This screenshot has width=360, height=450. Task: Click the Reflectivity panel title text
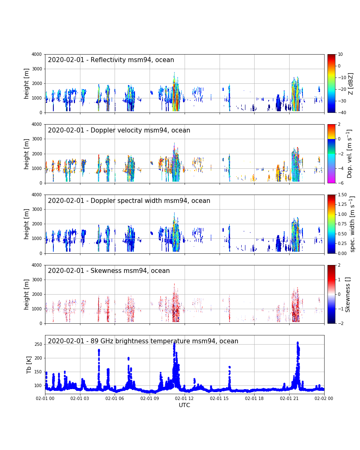pos(111,60)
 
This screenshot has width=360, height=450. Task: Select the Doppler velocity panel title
pos(119,130)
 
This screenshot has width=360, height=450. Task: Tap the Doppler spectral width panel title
pos(129,201)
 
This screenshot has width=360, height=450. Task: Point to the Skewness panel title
pos(109,271)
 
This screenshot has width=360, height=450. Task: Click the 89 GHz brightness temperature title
pos(143,341)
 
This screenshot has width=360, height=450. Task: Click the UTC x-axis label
pos(185,405)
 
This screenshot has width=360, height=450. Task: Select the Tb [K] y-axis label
pos(30,365)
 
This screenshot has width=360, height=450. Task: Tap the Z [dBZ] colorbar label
pos(351,83)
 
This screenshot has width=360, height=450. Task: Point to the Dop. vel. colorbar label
pos(350,153)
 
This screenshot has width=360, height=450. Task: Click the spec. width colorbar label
pos(352,224)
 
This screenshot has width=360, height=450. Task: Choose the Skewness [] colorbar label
pos(348,294)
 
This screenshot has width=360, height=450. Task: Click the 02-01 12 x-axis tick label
pos(185,398)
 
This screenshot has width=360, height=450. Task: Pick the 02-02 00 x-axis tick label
pos(324,398)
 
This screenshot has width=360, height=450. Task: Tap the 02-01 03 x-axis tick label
pos(80,398)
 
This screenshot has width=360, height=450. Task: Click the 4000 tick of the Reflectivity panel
pos(37,54)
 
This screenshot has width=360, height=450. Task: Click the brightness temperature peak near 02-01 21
pos(297,342)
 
